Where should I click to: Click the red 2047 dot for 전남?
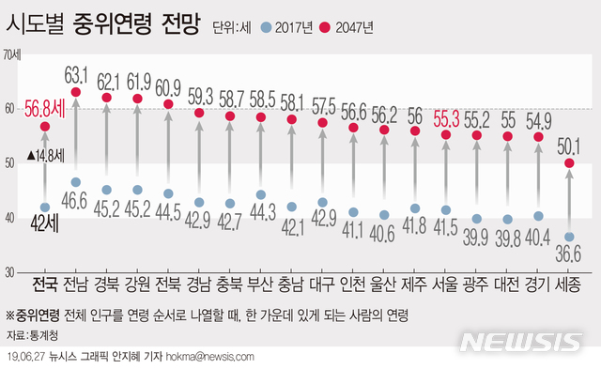click(x=76, y=92)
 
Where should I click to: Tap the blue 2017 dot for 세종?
click(x=568, y=237)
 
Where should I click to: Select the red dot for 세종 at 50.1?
click(x=568, y=163)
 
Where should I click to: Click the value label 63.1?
click(x=76, y=71)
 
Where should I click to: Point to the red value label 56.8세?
click(x=44, y=106)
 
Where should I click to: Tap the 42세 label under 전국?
click(x=43, y=223)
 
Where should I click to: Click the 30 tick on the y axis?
click(x=9, y=272)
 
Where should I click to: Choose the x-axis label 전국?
click(x=43, y=284)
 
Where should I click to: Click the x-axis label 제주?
click(x=415, y=284)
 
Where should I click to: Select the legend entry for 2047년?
click(x=347, y=28)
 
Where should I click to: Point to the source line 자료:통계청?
click(x=30, y=334)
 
